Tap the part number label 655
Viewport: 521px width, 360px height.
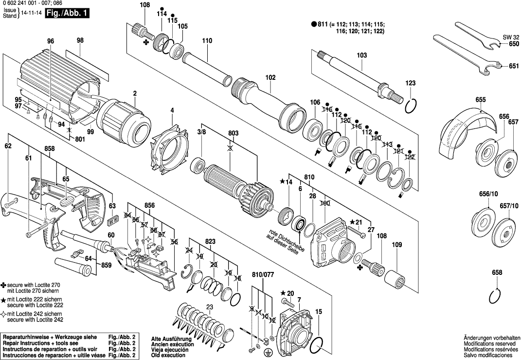coord(481,100)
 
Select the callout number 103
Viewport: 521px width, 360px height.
coord(361,55)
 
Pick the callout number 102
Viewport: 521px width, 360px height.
coord(270,77)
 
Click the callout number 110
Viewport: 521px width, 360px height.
coord(207,41)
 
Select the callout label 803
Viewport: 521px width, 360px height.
coord(233,133)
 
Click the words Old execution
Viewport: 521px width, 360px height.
coord(168,355)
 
